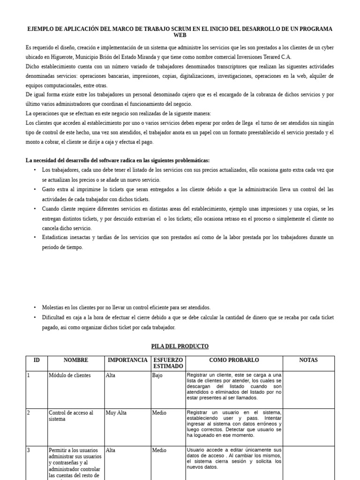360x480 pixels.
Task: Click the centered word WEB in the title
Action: pos(180,35)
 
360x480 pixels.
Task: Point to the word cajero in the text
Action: pos(189,95)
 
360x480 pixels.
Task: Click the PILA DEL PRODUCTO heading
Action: pos(180,346)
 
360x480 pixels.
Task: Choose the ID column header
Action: pos(37,360)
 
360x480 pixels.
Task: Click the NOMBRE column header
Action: pos(75,360)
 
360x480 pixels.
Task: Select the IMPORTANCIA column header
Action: pos(127,360)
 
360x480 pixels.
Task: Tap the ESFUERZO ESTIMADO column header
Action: pos(168,363)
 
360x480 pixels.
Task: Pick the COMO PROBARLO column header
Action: pos(234,360)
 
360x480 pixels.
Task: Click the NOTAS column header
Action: pos(308,360)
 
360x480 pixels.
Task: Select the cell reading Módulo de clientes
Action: pos(70,375)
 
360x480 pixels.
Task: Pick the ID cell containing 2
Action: pos(29,413)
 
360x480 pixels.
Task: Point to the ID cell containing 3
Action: pos(29,450)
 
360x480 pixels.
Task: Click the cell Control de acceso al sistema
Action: pos(71,416)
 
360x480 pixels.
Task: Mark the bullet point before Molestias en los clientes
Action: pos(35,307)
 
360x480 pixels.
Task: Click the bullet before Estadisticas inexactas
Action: pos(35,238)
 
